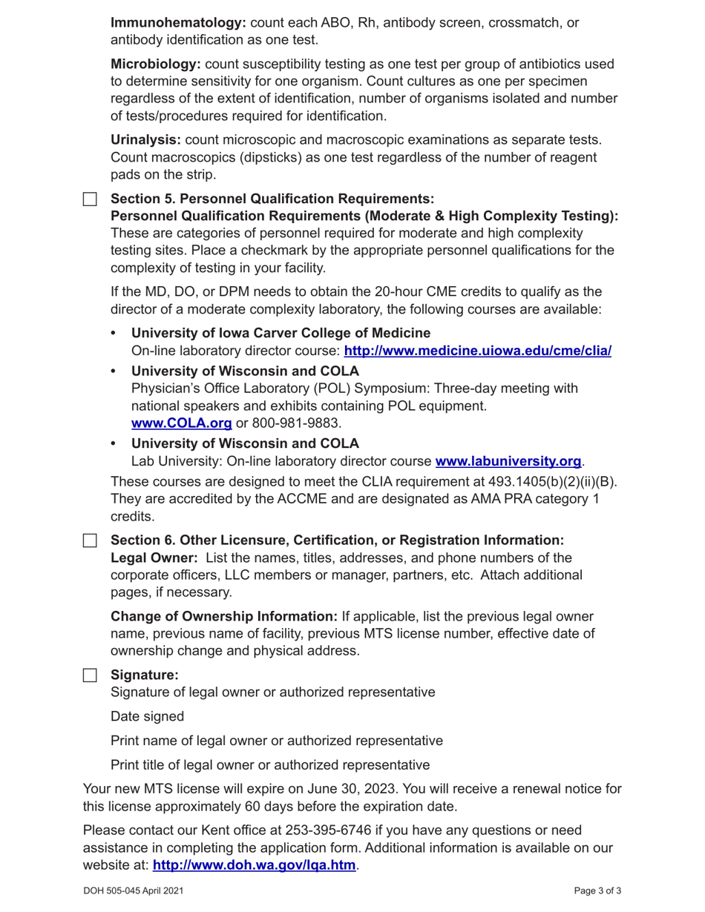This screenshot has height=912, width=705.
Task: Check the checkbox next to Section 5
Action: pos(90,199)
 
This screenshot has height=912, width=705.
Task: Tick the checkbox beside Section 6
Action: pos(90,541)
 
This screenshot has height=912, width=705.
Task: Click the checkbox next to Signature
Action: pos(90,675)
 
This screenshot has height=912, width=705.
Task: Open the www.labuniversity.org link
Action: pos(508,461)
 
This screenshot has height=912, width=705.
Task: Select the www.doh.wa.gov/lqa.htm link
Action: pos(254,865)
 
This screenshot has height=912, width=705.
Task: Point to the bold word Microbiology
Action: pos(156,65)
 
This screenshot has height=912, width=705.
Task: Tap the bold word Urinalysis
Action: pos(145,140)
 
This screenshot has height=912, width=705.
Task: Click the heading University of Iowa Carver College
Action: pos(281,333)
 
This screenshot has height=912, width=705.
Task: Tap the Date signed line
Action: pos(147,716)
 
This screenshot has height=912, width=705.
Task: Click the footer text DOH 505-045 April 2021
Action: pos(134,891)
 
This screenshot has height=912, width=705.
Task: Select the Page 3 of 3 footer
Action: pos(597,891)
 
